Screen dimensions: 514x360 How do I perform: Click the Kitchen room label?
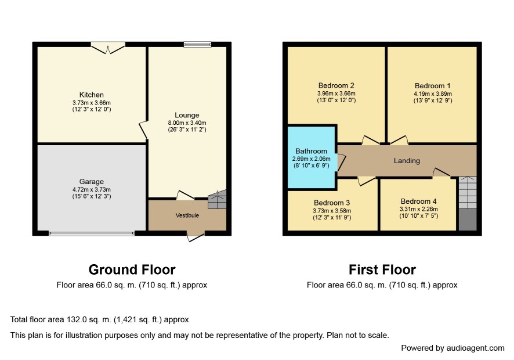click(x=92, y=95)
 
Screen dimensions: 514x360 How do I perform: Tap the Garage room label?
click(x=92, y=182)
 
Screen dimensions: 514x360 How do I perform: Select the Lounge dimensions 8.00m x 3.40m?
click(x=187, y=123)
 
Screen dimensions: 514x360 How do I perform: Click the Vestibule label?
click(x=187, y=215)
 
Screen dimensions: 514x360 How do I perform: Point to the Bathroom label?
click(x=311, y=152)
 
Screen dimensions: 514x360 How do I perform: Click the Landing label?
click(x=407, y=161)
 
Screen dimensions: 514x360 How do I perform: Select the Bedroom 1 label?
click(x=432, y=86)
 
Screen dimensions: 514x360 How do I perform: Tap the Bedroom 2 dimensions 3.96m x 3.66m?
click(x=336, y=93)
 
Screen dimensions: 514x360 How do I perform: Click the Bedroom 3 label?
click(x=332, y=203)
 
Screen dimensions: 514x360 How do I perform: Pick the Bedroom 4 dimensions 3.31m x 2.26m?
click(x=419, y=209)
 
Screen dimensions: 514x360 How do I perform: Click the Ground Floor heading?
click(x=132, y=270)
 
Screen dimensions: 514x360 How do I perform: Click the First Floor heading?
click(x=382, y=270)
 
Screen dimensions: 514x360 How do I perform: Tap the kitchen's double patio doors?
click(x=108, y=48)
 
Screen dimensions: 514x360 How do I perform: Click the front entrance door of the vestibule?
click(x=196, y=236)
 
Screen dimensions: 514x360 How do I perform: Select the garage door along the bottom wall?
click(x=92, y=233)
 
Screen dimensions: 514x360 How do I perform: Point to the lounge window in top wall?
click(x=197, y=44)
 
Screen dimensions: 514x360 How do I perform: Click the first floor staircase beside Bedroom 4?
click(x=468, y=203)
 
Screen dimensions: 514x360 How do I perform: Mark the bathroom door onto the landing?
click(x=341, y=162)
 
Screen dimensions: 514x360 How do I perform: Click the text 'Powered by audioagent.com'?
click(x=453, y=348)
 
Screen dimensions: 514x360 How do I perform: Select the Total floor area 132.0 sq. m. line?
click(x=100, y=319)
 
